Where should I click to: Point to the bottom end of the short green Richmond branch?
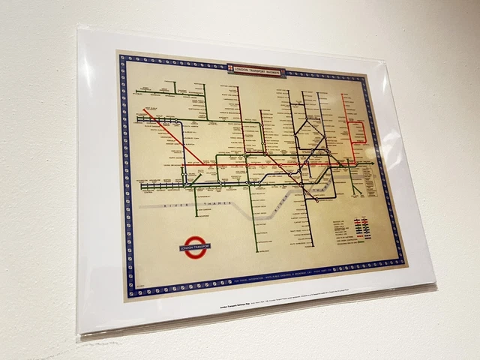coord(196,217)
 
